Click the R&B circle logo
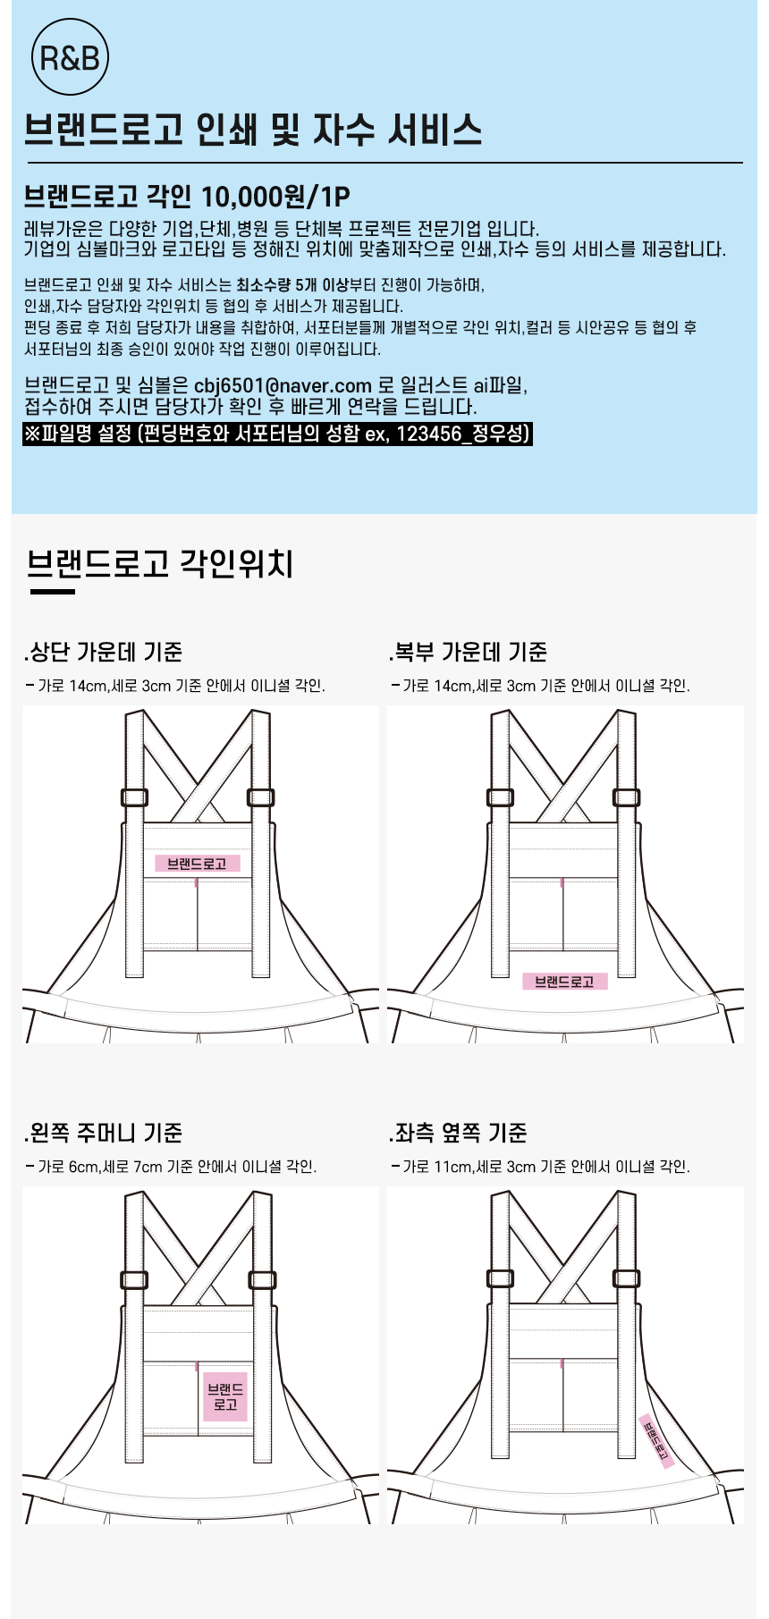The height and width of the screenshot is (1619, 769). click(x=70, y=58)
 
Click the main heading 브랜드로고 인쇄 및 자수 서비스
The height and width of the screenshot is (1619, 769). click(x=253, y=130)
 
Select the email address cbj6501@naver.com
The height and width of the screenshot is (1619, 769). click(x=283, y=385)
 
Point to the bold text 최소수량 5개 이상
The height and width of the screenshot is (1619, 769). click(x=292, y=285)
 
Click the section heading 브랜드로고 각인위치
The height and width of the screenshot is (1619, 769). click(x=160, y=563)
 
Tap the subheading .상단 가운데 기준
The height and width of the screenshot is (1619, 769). click(x=104, y=652)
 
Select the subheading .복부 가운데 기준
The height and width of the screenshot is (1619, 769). click(x=468, y=652)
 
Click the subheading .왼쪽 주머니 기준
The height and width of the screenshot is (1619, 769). click(x=104, y=1133)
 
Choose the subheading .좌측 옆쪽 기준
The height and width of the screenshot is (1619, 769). click(x=458, y=1133)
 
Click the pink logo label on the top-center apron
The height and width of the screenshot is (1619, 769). click(x=198, y=864)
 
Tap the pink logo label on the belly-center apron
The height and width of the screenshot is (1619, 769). click(x=564, y=982)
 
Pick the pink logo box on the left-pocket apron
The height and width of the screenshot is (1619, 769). click(x=225, y=1397)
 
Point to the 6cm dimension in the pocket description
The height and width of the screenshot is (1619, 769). click(x=83, y=1167)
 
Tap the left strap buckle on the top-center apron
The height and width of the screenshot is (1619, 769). click(x=134, y=797)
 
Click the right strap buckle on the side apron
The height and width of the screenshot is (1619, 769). click(x=626, y=1278)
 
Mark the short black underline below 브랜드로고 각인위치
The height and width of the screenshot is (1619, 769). click(x=53, y=591)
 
